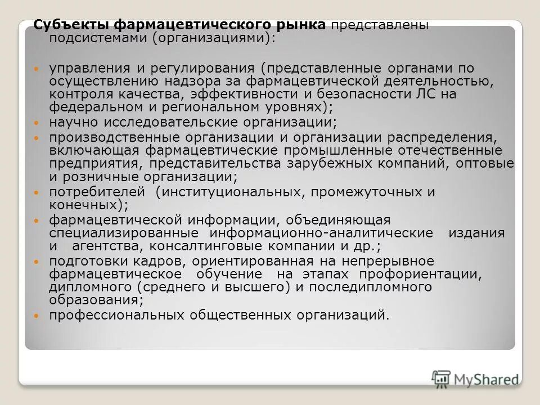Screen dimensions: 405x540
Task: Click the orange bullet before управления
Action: click(x=37, y=69)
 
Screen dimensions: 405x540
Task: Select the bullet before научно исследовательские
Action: click(x=37, y=122)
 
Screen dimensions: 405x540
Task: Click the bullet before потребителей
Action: click(x=37, y=192)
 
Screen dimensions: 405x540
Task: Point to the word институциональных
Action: click(x=231, y=192)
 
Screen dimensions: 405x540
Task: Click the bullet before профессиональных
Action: click(x=37, y=316)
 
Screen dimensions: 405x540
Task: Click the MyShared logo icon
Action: click(x=442, y=379)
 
